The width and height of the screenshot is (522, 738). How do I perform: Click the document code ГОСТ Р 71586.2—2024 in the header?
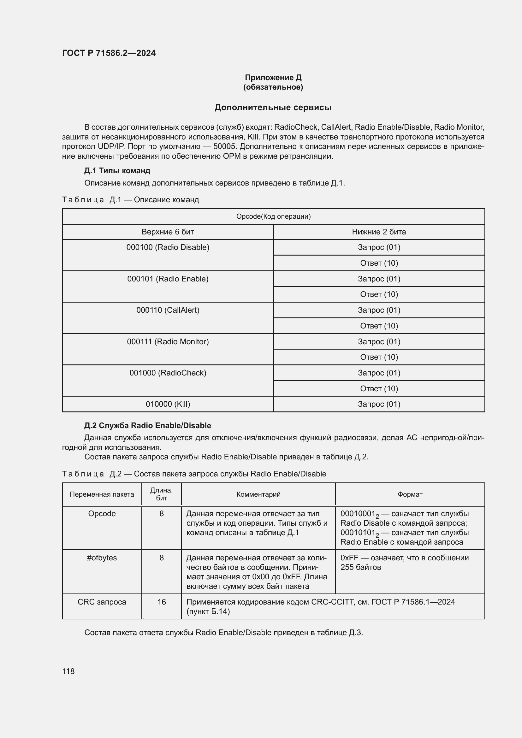(109, 53)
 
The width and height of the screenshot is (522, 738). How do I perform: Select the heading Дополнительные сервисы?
(273, 107)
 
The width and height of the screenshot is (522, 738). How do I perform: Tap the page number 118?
(68, 671)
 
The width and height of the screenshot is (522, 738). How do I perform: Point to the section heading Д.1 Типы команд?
(117, 170)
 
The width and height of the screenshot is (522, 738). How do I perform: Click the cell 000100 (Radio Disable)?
(168, 247)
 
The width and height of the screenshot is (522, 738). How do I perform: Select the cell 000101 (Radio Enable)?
(168, 279)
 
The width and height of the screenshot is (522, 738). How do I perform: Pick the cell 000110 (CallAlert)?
(168, 310)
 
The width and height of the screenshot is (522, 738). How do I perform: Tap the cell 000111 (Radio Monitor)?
(168, 341)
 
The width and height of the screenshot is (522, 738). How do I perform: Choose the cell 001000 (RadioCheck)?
(168, 373)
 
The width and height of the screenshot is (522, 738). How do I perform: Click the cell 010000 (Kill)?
(168, 404)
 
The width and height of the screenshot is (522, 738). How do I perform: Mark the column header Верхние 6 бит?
(168, 232)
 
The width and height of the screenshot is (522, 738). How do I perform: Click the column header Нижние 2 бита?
(379, 232)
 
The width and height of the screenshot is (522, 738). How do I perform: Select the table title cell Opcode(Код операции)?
(273, 216)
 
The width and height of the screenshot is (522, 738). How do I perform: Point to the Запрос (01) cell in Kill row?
(379, 404)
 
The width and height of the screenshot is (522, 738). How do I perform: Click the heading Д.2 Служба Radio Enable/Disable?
(147, 425)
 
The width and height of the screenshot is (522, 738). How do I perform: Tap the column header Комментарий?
(258, 494)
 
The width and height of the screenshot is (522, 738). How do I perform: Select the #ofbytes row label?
(102, 558)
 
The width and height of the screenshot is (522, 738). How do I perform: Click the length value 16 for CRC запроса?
(161, 602)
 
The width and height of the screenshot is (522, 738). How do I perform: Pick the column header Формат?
(410, 494)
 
